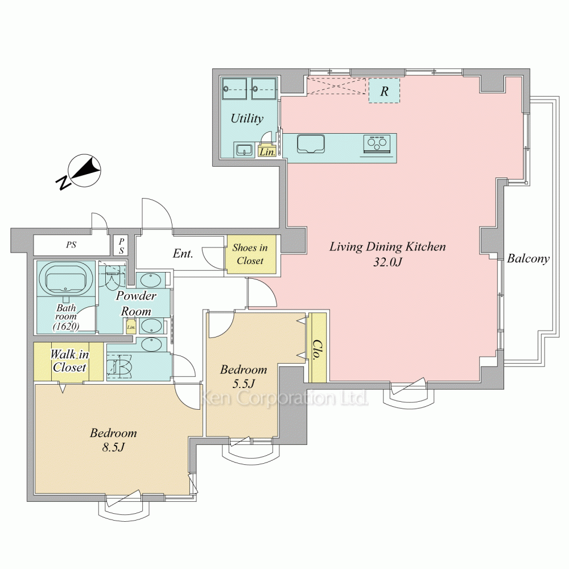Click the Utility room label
247,118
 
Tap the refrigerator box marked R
385,90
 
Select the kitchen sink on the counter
311,144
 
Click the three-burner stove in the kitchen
377,144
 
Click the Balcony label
528,259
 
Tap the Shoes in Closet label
250,254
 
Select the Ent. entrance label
183,253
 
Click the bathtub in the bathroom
65,278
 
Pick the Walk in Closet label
69,361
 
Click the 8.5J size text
113,447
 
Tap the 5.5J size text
244,384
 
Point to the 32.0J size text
387,262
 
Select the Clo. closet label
318,349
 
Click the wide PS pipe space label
71,245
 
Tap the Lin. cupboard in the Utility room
267,151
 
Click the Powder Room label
136,303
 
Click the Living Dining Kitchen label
387,247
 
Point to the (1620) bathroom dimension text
66,326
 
